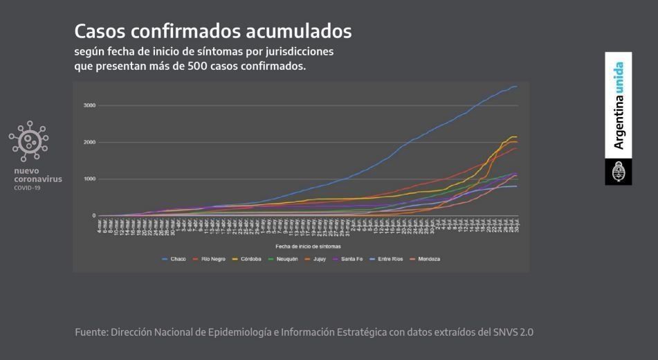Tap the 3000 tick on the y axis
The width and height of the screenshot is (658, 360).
pos(89,105)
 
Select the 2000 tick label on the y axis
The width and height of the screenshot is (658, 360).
pos(89,142)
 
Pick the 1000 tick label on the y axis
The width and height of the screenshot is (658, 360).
pos(89,179)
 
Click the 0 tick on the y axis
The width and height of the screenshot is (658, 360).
pos(94,215)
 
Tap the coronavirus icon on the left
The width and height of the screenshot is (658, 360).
pos(29,141)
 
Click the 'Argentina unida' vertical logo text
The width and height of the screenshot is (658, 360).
pos(619,105)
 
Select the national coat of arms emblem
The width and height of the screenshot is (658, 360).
pos(619,172)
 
